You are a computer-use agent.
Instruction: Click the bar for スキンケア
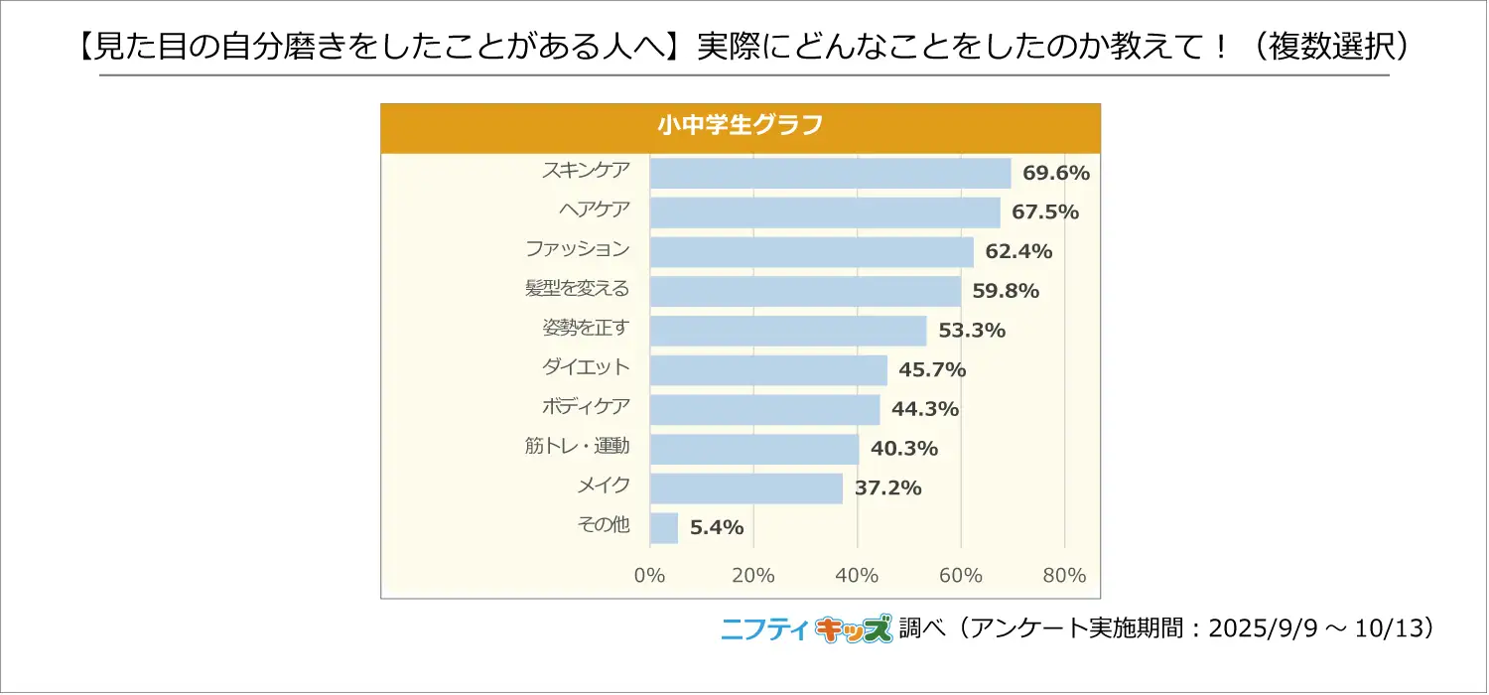tap(830, 173)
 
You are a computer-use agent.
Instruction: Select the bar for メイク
tap(745, 487)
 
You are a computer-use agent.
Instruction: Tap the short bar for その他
tap(664, 527)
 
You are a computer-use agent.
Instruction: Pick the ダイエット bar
tap(768, 369)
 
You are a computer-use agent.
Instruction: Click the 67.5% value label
tap(1045, 212)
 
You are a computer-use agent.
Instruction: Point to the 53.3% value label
tap(972, 331)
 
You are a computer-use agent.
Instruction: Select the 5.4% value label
tap(717, 527)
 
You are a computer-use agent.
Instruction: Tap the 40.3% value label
tap(903, 449)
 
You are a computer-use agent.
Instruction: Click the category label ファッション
tap(577, 250)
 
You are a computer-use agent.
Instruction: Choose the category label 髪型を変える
tap(577, 290)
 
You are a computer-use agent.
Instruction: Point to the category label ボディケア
tap(586, 407)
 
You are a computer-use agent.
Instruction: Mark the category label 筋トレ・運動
tap(577, 447)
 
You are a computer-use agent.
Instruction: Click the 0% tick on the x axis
tap(649, 576)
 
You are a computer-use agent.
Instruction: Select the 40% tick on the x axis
tap(857, 576)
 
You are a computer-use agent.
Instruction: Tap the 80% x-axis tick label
tap(1064, 576)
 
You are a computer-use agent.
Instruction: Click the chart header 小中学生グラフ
tap(741, 127)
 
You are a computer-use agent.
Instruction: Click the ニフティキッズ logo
tap(805, 628)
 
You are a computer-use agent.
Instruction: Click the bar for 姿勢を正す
tap(787, 331)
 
